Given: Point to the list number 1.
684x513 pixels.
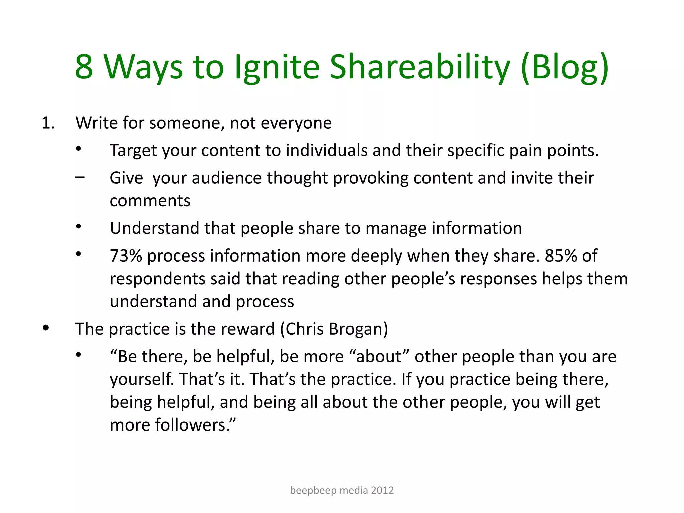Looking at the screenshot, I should coord(48,123).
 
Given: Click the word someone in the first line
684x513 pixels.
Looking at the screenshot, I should coord(187,123).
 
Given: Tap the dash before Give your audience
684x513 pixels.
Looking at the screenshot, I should coord(80,177).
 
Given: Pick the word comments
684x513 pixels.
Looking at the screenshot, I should coord(150,201).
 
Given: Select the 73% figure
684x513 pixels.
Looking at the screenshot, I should coord(126,256).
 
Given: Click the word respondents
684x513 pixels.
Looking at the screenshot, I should coord(157,279).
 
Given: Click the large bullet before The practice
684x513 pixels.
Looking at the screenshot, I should coord(46,328).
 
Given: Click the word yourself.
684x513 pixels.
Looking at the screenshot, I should coord(142,379).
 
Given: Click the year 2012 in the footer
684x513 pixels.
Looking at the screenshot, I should coord(382,490).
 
